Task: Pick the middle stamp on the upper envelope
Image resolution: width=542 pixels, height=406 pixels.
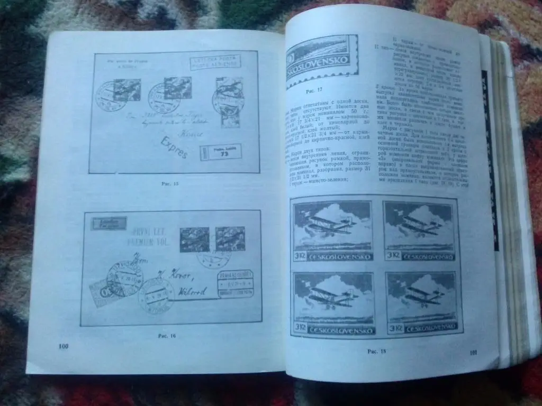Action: click(177, 87)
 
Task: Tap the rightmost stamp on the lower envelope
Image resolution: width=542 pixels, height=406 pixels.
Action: click(230, 238)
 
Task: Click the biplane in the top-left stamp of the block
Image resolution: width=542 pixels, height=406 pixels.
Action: click(331, 224)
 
